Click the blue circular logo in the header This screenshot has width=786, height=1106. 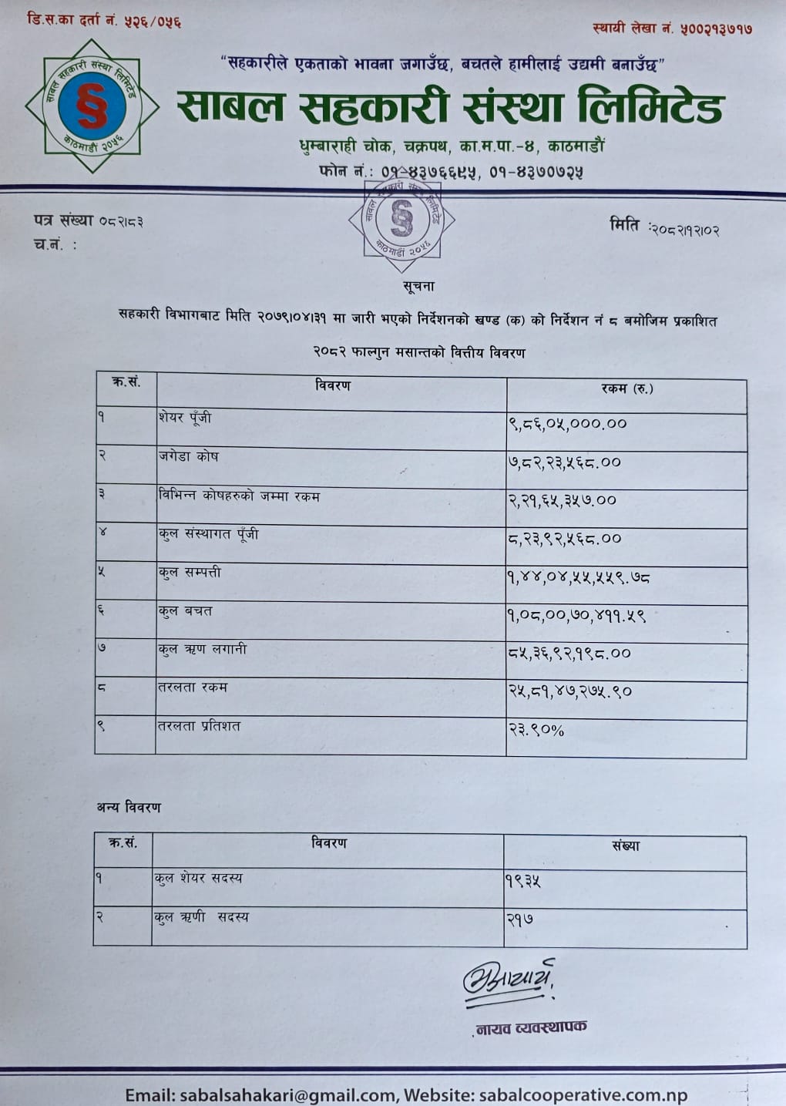point(92,106)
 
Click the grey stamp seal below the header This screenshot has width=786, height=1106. point(401,221)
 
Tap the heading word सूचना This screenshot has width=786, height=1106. point(418,287)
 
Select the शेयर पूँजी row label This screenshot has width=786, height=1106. point(185,418)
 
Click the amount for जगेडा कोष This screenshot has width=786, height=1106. point(564,462)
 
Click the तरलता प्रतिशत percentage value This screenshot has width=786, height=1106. point(536,729)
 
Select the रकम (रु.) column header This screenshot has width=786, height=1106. point(626,388)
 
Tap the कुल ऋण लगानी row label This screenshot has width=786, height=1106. point(203,649)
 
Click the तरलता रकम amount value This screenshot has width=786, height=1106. point(569,691)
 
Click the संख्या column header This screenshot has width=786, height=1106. point(626,845)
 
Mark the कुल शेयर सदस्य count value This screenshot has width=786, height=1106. point(523,880)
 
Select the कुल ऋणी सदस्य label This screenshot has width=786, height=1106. point(201,917)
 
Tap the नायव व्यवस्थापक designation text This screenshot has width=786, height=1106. point(531,1027)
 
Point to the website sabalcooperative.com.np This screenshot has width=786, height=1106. point(583,1094)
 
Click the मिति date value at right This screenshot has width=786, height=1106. point(684,230)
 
